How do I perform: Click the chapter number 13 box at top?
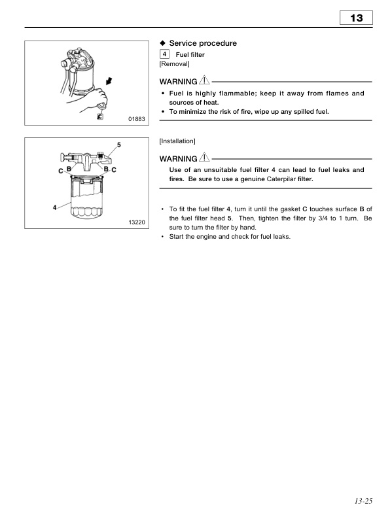357,18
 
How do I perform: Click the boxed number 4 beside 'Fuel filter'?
164,54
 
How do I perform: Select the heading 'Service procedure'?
203,43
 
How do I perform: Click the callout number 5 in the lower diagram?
118,143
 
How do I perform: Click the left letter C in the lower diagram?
60,170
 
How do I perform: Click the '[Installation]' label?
177,141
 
